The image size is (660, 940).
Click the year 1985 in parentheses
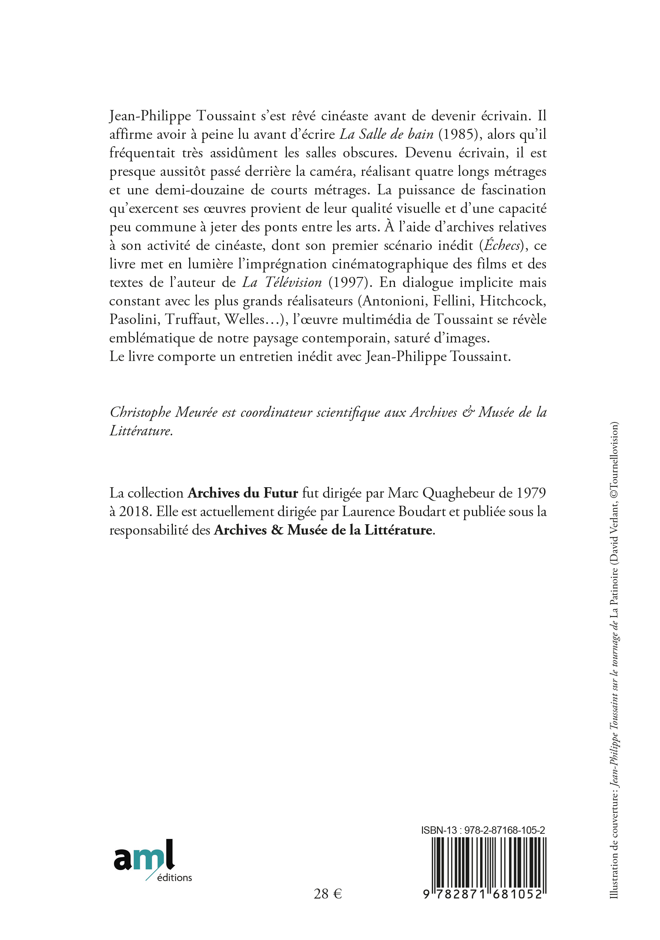point(460,134)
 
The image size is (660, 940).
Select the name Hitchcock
point(513,301)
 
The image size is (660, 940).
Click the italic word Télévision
point(294,282)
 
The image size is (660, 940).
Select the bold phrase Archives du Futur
point(242,493)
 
